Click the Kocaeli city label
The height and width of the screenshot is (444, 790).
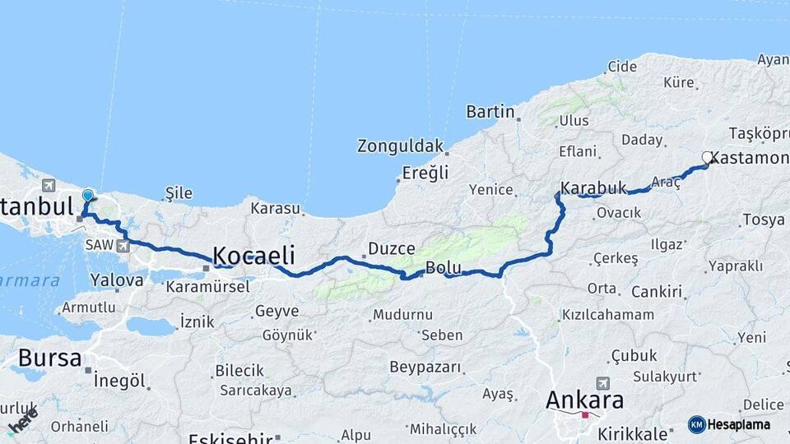point(253,254)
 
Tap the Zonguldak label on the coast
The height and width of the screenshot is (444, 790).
point(400,146)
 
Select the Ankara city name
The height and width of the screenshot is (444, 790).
point(585,400)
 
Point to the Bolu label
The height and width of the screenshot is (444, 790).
point(443,267)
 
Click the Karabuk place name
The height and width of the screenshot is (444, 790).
point(593,187)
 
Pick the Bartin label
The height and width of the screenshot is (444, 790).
point(490,111)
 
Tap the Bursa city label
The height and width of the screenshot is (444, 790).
point(49,358)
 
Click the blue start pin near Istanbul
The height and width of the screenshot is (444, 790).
point(88,196)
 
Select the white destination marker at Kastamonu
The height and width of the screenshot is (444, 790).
point(707,157)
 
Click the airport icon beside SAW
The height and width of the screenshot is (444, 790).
point(123,245)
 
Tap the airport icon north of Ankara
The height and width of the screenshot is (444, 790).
point(603,383)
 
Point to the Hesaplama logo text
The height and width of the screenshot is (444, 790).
point(740,425)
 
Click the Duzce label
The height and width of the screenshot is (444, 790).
point(390,247)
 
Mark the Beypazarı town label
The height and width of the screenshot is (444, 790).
point(425,367)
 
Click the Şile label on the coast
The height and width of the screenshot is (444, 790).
point(179,193)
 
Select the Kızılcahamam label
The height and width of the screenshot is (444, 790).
point(607,314)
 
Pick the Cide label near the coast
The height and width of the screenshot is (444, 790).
point(621,66)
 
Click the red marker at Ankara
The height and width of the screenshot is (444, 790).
point(585,415)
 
